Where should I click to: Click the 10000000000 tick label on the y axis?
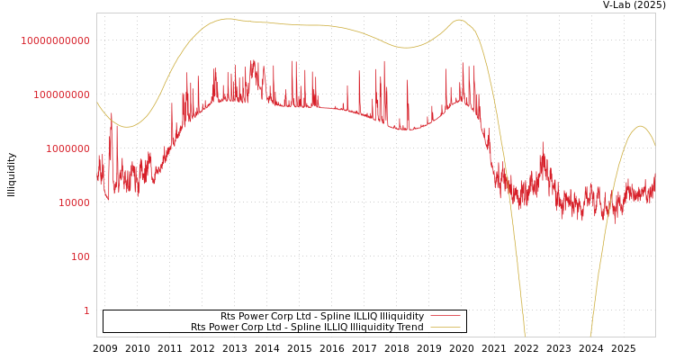pos(56,40)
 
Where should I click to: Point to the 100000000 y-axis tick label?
pos(61,94)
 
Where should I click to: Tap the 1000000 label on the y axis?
pos(67,148)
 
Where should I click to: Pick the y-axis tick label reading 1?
pos(86,310)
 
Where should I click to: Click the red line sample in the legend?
pos(445,317)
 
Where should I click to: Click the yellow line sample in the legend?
pos(445,328)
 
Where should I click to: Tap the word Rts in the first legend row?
pos(229,317)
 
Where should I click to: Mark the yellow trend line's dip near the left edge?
pos(127,127)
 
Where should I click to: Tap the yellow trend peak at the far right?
pos(641,126)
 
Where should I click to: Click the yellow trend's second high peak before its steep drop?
pos(459,20)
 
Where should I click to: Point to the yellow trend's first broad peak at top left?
pos(228,18)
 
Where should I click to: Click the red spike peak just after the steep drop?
pos(542,144)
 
